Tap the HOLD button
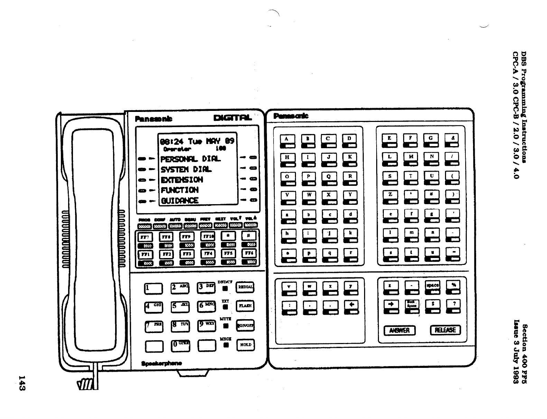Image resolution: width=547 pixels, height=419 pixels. (x=245, y=345)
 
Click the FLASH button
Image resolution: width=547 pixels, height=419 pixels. (x=245, y=306)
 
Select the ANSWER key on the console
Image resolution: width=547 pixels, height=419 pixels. (x=399, y=330)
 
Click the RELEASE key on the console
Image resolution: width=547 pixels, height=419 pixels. (x=445, y=330)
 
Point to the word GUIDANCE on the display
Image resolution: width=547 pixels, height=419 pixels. (x=180, y=201)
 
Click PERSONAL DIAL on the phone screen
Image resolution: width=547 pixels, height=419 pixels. (x=190, y=159)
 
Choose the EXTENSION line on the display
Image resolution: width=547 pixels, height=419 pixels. (x=182, y=180)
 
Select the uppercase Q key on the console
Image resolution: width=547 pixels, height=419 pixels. (x=328, y=177)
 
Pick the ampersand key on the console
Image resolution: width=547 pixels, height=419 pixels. (x=453, y=139)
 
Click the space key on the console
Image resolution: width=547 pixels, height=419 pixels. (x=432, y=285)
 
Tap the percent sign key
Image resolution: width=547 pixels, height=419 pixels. (x=453, y=285)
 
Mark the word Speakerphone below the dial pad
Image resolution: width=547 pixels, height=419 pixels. (x=162, y=363)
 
